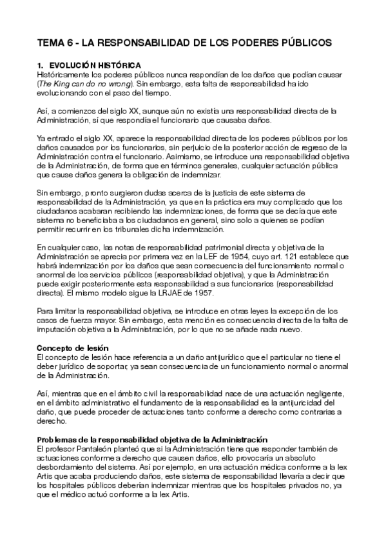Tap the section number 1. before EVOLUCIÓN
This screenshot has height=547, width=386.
[39, 66]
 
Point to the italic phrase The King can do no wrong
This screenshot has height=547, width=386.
[85, 84]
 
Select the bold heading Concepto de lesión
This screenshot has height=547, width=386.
[72, 348]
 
